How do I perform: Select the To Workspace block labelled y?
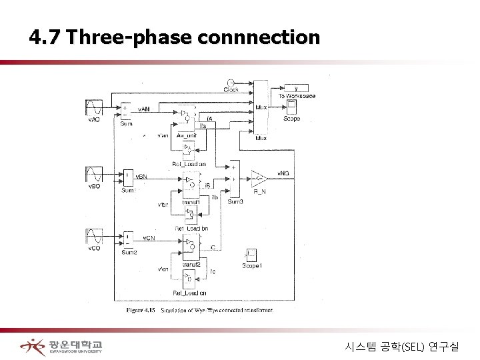291,88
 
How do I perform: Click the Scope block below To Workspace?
291,109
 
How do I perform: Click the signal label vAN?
144,107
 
